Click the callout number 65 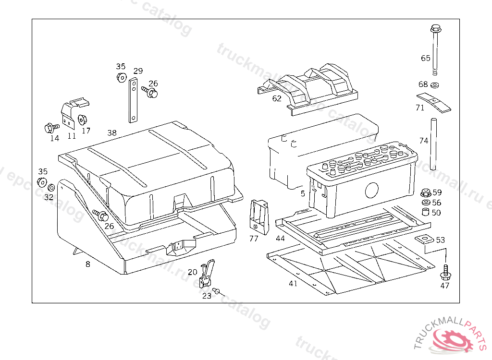(x=426, y=58)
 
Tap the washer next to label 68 (x=435, y=85)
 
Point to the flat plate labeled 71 (x=433, y=101)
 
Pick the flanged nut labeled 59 (x=425, y=193)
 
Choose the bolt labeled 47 (x=445, y=273)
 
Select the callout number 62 (x=277, y=99)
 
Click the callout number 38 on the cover (x=112, y=133)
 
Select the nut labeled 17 (x=81, y=119)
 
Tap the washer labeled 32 (x=50, y=186)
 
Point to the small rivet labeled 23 (x=217, y=290)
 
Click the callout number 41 (x=293, y=284)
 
